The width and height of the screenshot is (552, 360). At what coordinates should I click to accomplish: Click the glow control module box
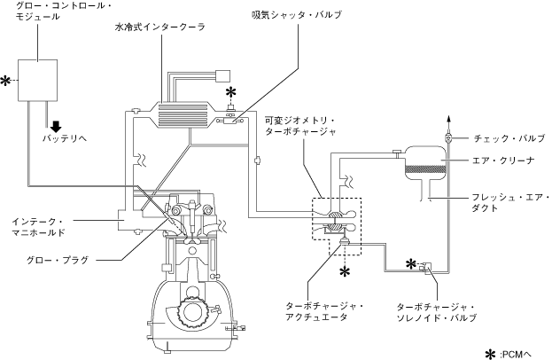tap(38, 81)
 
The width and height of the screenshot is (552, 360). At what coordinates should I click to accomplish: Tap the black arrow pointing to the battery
tap(56, 127)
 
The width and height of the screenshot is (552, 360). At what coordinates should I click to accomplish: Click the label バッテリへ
tap(65, 138)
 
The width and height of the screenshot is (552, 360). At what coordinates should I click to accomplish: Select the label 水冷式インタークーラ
tap(160, 27)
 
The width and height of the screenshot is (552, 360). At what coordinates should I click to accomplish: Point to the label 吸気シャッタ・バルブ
tap(296, 15)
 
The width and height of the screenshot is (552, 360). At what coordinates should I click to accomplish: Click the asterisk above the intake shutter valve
tap(230, 93)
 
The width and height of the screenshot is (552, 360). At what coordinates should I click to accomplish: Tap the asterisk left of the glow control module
tap(5, 81)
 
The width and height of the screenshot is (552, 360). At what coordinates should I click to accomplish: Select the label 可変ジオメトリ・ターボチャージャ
tap(300, 126)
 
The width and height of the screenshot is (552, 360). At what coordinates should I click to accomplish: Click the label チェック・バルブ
tap(509, 138)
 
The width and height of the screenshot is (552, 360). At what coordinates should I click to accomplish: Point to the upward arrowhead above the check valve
tap(448, 119)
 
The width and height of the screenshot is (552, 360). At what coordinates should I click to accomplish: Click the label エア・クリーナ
tap(503, 160)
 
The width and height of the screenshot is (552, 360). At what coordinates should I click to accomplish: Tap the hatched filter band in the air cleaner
tap(425, 169)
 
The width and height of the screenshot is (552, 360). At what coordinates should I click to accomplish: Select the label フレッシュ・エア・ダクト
tap(511, 202)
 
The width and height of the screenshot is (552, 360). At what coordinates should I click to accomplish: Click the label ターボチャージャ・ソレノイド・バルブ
tap(436, 312)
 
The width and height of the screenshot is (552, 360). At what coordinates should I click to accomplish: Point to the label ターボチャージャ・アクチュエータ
tap(324, 311)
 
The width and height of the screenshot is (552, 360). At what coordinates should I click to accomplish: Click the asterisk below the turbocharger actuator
tap(345, 271)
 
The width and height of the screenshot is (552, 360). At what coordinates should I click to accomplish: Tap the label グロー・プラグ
tap(58, 261)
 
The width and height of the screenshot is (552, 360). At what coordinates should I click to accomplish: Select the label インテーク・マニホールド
tap(38, 227)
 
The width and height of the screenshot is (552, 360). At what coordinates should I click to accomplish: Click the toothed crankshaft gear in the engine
tap(192, 311)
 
